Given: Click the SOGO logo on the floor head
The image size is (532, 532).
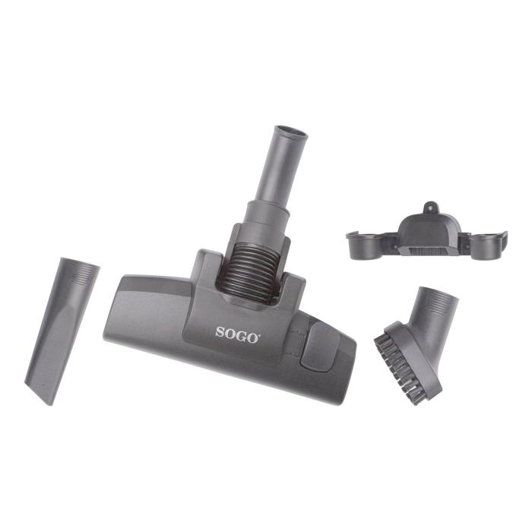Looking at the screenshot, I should tap(237, 332).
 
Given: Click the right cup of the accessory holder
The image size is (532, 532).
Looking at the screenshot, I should tap(486, 242).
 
